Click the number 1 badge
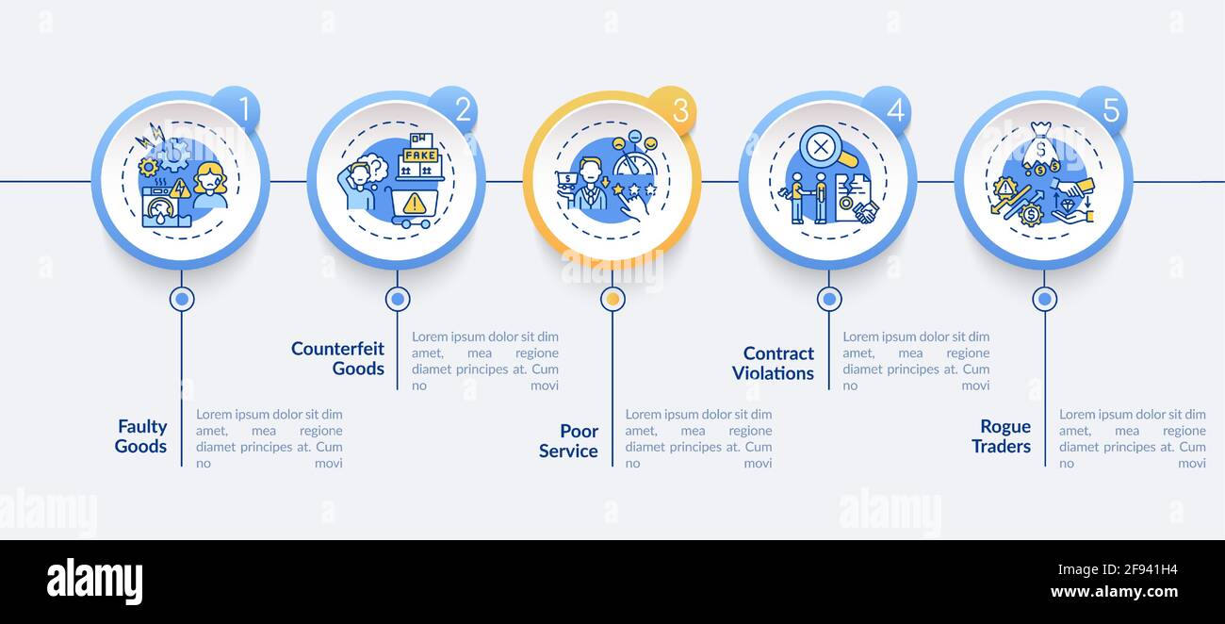point(237,109)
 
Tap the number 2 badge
point(454,109)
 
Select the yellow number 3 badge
point(671,110)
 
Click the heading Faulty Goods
point(141,436)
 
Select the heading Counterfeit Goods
point(337,358)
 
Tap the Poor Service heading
point(568,441)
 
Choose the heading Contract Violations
point(773,363)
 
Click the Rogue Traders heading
point(1001,436)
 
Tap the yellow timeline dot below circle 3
point(612,299)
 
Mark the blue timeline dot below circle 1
point(182,299)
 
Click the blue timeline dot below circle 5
point(1044,299)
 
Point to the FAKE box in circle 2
point(420,156)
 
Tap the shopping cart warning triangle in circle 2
point(414,204)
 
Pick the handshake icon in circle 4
point(865,211)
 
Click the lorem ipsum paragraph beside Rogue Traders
point(1132,438)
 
